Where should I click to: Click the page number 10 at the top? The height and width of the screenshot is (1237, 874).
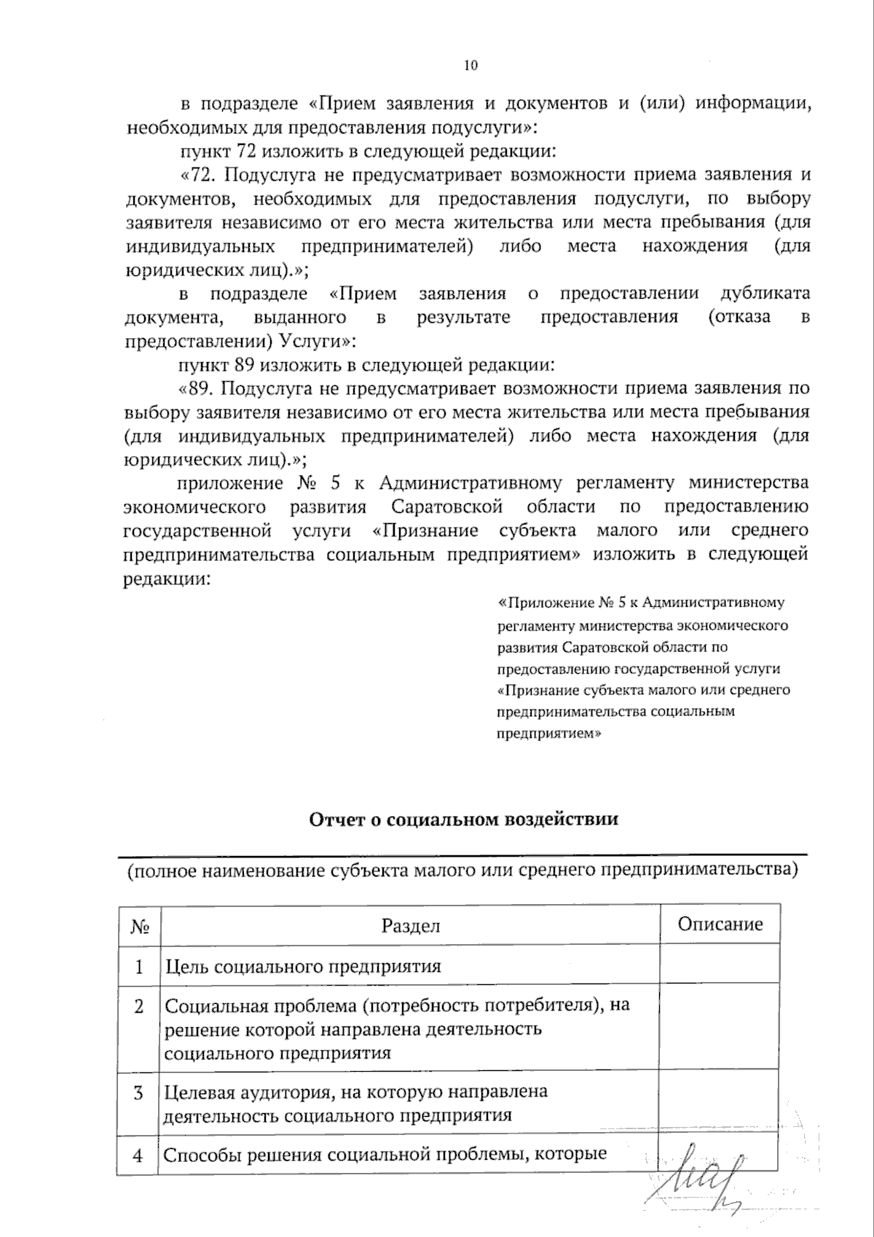pos(471,66)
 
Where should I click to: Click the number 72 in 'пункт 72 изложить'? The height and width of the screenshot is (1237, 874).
pos(245,152)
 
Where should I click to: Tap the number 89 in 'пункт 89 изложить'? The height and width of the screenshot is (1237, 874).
pos(245,364)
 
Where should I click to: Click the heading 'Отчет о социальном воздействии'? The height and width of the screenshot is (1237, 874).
pos(464,819)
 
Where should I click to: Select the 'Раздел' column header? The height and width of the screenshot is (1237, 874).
pos(410,925)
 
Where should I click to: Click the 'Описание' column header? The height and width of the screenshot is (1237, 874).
pos(720,924)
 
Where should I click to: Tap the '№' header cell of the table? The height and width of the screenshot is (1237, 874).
pos(140,926)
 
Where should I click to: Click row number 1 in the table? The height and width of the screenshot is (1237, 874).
pos(139,967)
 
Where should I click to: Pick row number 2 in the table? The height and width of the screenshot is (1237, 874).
pos(139,1006)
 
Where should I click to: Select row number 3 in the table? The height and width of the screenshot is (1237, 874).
pos(139,1093)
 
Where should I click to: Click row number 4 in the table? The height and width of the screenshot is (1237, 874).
pos(138,1155)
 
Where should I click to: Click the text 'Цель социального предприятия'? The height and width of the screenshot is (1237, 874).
pos(303,967)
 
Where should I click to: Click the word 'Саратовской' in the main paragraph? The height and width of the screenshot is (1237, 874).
pos(446,506)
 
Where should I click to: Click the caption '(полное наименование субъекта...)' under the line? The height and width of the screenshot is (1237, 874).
pos(462,870)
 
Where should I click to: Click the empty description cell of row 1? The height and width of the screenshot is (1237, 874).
pos(720,966)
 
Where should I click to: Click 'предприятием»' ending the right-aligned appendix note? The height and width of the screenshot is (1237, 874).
pos(548,734)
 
